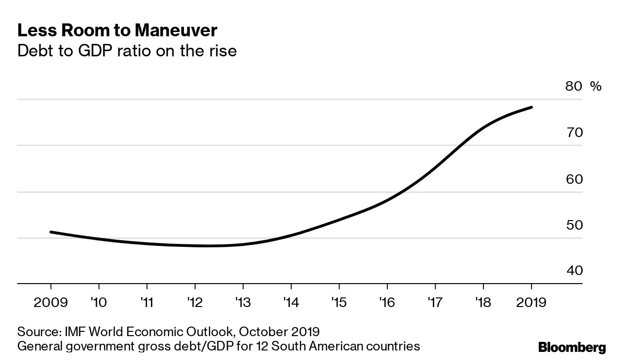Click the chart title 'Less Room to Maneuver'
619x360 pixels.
(x=117, y=31)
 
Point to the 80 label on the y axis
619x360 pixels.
(x=574, y=86)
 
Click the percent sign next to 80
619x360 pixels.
(x=596, y=86)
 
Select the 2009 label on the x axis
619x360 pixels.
(x=50, y=303)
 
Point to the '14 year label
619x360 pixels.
(x=291, y=303)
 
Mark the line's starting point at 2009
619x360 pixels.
(x=51, y=232)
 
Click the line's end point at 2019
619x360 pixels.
(x=531, y=107)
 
